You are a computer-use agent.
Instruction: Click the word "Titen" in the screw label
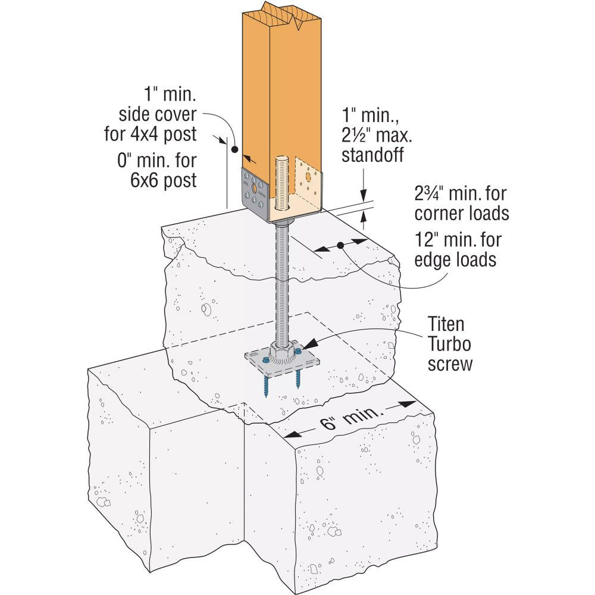coord(446,325)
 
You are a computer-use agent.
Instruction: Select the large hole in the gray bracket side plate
coord(255,187)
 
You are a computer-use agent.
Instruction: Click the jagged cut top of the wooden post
coord(280,18)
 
